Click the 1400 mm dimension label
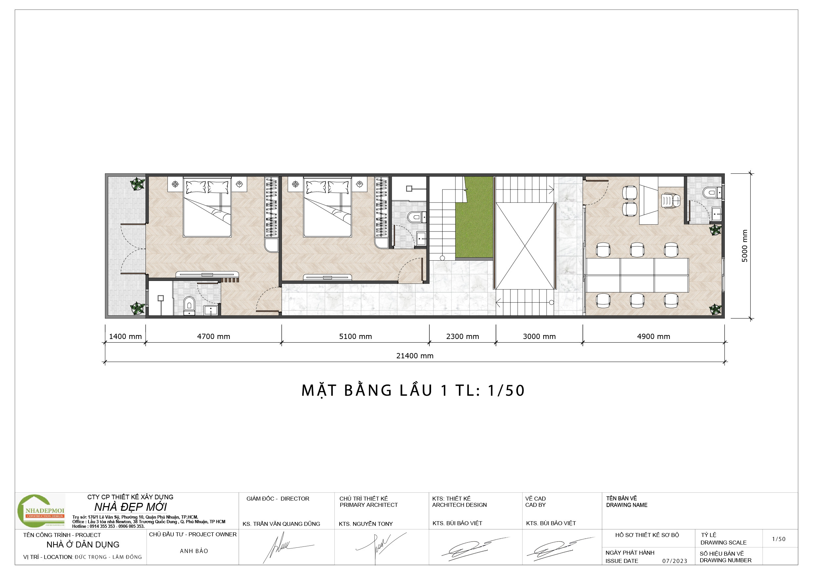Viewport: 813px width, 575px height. click(x=125, y=337)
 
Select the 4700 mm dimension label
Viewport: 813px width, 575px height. click(x=213, y=337)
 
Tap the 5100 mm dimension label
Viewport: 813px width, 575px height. click(x=355, y=337)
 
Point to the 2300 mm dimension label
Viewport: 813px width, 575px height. click(x=463, y=337)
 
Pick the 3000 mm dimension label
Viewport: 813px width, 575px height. click(x=539, y=337)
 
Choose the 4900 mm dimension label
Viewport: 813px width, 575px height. click(x=654, y=337)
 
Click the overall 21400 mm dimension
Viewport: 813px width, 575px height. click(x=415, y=356)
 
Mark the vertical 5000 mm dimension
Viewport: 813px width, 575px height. click(x=745, y=246)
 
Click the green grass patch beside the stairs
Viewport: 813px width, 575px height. click(x=474, y=217)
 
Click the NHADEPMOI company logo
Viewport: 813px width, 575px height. click(x=41, y=511)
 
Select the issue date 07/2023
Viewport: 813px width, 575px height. click(x=675, y=561)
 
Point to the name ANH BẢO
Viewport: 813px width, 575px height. click(x=194, y=551)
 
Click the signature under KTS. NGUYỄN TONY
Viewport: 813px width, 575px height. click(x=381, y=547)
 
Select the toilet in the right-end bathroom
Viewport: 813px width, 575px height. click(x=710, y=193)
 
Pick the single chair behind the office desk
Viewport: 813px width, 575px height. click(x=671, y=201)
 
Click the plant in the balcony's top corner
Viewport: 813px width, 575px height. click(x=137, y=184)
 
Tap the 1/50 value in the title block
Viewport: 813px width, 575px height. click(x=779, y=539)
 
